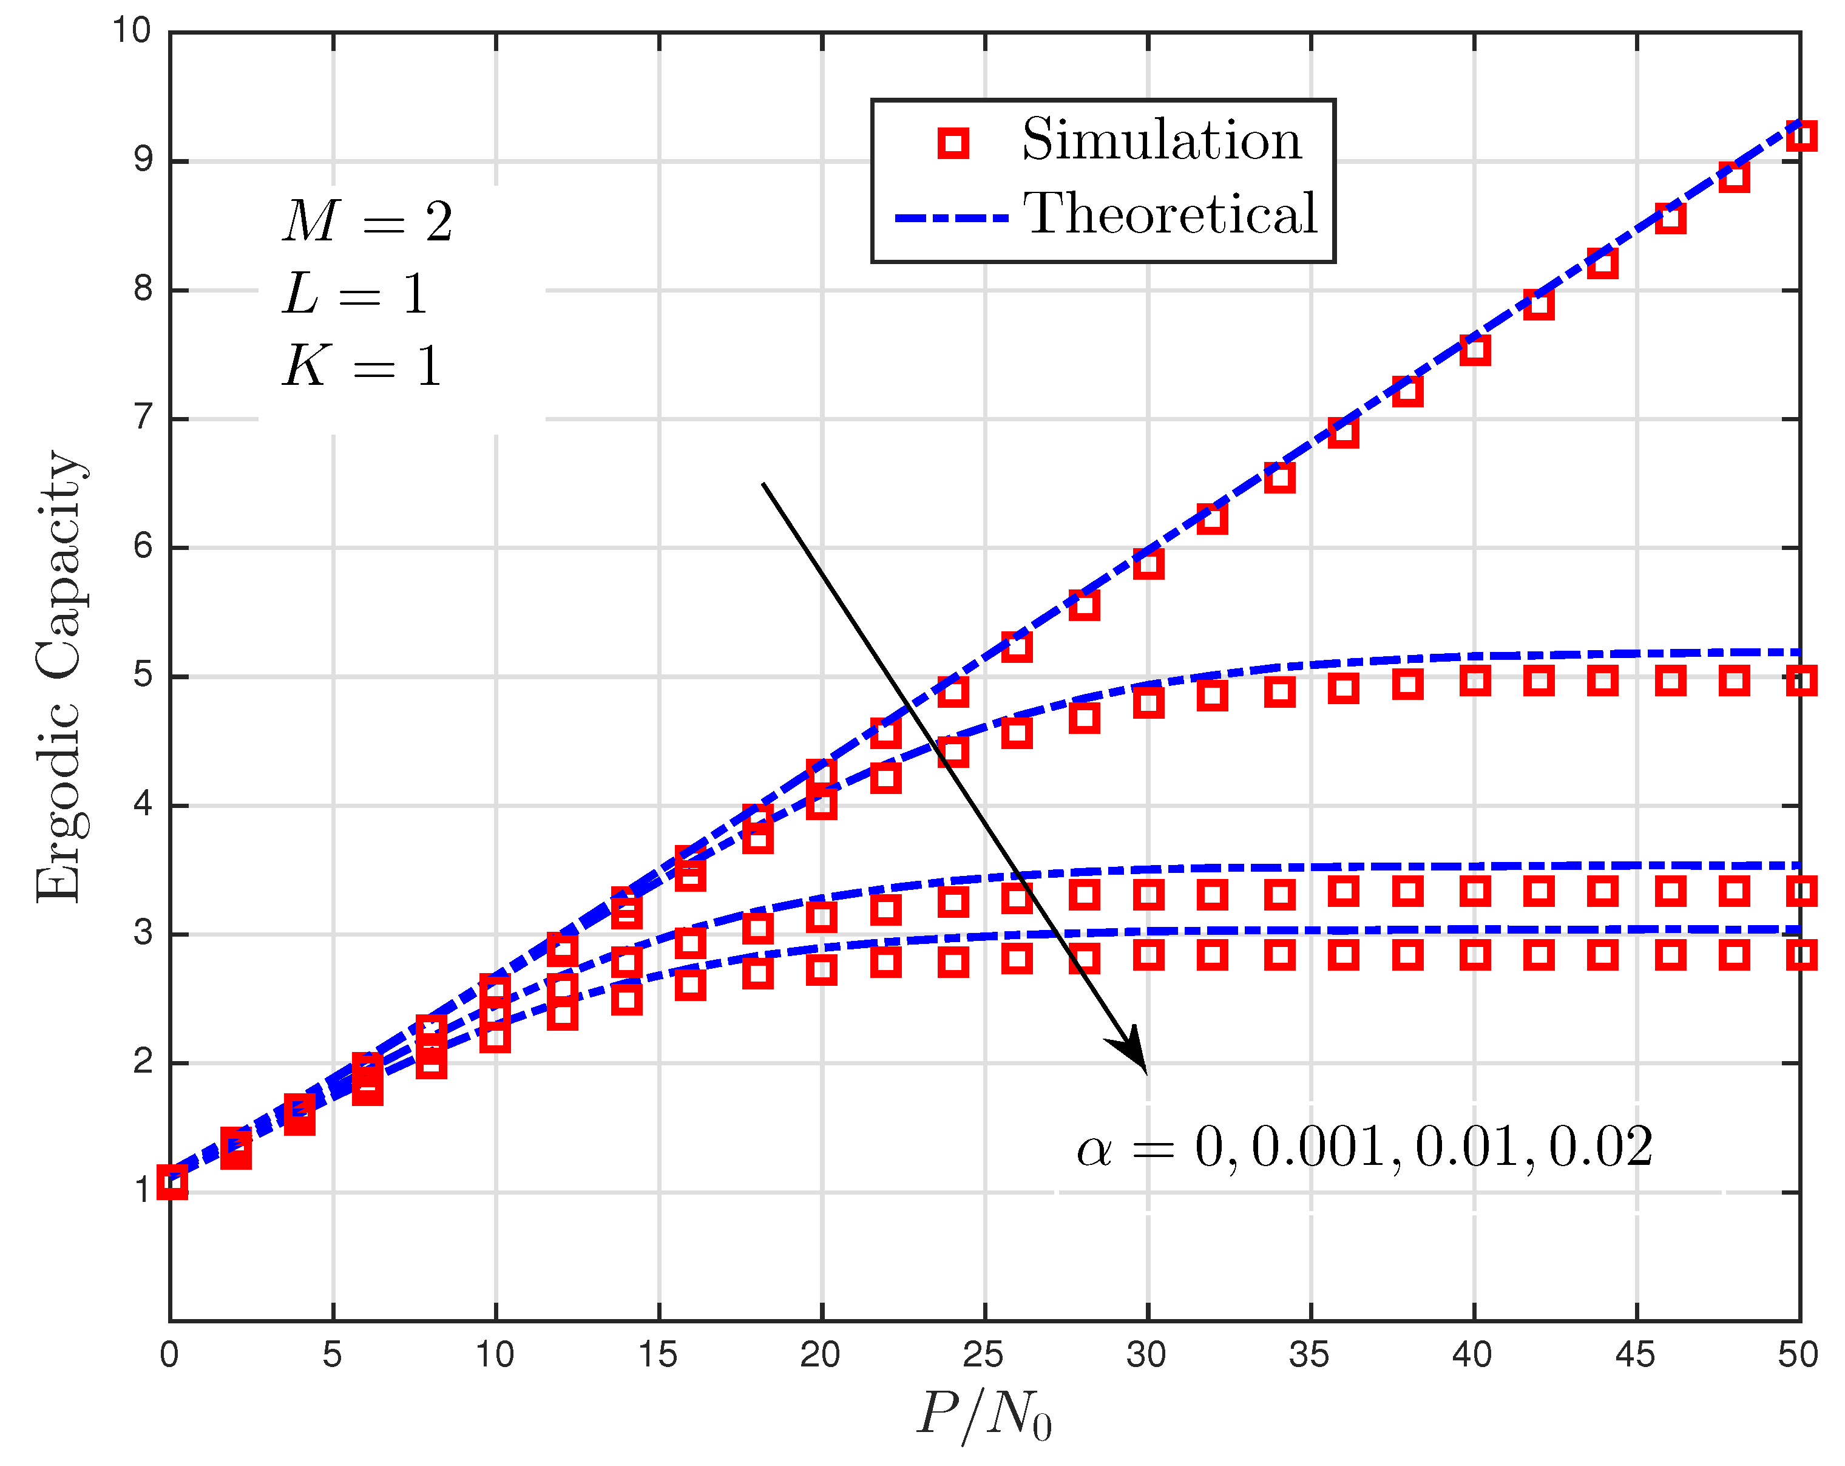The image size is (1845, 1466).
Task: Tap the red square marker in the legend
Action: point(952,143)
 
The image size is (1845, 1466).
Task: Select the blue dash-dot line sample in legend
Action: point(951,219)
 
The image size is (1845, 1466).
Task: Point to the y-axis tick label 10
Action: point(132,31)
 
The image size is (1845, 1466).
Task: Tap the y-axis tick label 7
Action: point(143,418)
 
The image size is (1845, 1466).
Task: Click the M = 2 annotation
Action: point(367,222)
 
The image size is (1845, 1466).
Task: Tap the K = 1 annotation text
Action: point(361,366)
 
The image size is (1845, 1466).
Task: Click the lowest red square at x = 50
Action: point(1801,954)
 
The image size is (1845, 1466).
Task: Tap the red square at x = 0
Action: point(172,1183)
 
